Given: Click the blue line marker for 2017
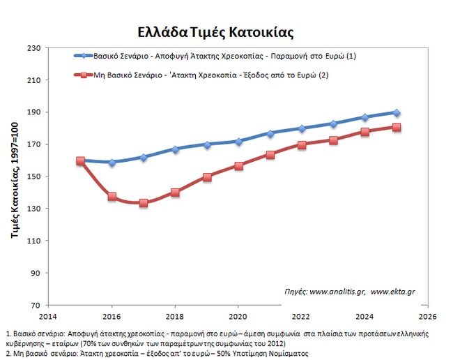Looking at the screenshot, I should (143, 158).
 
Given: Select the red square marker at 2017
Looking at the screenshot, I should (143, 203).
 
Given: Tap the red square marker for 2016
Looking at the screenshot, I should (112, 197).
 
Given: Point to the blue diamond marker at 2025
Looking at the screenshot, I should (396, 113).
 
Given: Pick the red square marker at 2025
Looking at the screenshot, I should (396, 127).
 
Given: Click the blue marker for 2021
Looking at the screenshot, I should (270, 133).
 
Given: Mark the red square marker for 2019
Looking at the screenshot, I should (206, 177).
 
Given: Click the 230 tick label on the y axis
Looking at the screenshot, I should (36, 48).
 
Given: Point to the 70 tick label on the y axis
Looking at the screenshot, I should (38, 305).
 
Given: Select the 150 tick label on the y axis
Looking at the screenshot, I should (36, 177).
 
